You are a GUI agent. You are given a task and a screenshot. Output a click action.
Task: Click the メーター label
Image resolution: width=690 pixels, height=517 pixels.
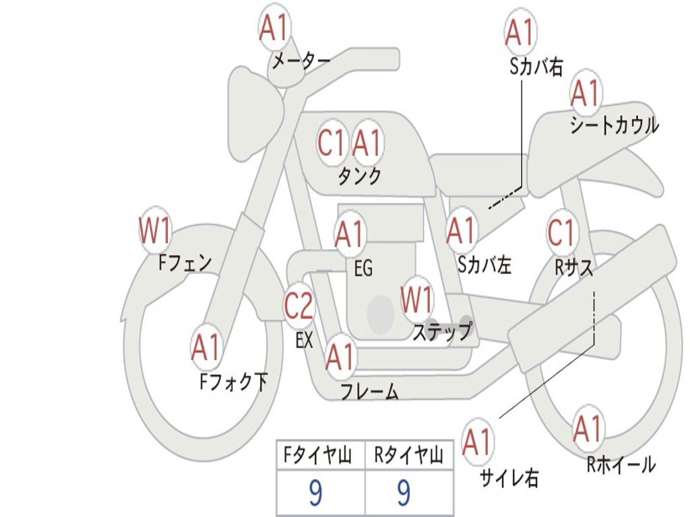tap(301, 62)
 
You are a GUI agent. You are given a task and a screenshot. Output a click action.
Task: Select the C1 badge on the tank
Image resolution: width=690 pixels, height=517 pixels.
tap(331, 143)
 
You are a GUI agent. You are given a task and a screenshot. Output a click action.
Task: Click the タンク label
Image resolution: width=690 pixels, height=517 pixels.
tap(359, 176)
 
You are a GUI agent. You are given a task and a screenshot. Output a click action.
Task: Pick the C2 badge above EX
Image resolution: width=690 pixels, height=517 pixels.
tap(299, 306)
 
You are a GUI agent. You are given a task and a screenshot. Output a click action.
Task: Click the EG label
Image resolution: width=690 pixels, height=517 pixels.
tap(363, 269)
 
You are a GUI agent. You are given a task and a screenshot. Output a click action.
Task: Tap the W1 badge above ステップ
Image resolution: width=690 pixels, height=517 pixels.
tap(417, 301)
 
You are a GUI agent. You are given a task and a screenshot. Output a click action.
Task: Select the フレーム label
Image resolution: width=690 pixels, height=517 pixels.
tap(369, 392)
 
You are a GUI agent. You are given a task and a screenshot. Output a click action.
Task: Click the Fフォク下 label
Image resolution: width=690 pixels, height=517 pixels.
tap(234, 382)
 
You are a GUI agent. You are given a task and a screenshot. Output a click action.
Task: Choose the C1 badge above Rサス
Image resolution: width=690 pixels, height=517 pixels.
tap(561, 233)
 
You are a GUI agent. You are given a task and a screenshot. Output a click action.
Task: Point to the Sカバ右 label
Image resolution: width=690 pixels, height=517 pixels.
tap(536, 66)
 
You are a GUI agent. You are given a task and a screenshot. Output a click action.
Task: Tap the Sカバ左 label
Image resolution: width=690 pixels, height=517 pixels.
tap(484, 265)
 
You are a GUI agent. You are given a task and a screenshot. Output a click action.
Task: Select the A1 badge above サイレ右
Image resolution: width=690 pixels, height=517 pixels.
tap(477, 442)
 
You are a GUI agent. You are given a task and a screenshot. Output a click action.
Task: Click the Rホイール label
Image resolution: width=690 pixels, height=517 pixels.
tap(621, 464)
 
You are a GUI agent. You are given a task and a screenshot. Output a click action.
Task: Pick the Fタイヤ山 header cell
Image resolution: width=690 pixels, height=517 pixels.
tap(320, 456)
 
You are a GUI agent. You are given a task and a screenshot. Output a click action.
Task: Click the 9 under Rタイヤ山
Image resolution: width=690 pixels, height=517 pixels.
tap(404, 493)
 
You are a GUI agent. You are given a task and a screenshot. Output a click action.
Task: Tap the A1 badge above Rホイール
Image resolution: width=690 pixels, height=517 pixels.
tap(588, 429)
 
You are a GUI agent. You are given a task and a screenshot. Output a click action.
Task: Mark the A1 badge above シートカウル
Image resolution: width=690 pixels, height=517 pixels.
tap(586, 94)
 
